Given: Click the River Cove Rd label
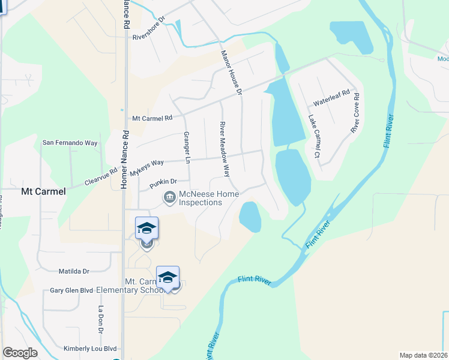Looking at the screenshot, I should [355, 112].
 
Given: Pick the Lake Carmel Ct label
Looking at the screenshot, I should [313, 137].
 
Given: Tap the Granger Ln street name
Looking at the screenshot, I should [187, 148].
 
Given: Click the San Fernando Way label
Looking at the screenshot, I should [70, 143].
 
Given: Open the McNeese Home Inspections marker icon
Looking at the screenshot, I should [170, 197].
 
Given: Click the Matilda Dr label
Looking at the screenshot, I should [74, 271].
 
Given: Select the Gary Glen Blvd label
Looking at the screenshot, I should [71, 290].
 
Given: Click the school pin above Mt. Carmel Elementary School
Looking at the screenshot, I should [168, 277].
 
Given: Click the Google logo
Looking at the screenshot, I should [20, 352].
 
